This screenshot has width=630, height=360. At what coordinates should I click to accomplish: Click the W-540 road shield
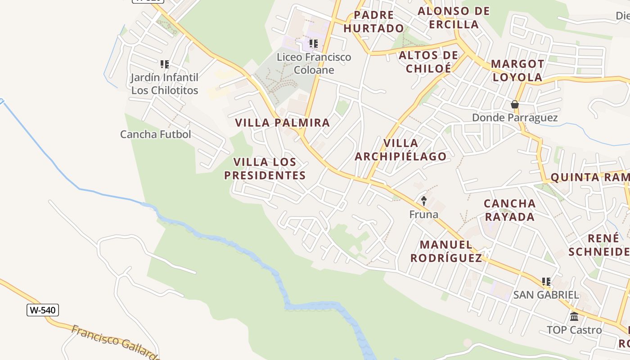tap(43, 310)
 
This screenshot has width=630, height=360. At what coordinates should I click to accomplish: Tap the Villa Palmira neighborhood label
tap(283, 122)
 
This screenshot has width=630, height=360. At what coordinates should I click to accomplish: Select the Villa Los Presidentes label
tap(265, 169)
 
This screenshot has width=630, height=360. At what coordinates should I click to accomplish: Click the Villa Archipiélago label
tap(400, 150)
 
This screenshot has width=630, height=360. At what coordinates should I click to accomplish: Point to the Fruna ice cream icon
tap(423, 201)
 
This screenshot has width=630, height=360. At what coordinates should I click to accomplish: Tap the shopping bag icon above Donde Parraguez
tap(515, 105)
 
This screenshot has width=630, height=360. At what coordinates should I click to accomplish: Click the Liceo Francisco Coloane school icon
tap(314, 44)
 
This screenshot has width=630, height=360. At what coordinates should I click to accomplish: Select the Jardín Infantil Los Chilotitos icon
tap(165, 65)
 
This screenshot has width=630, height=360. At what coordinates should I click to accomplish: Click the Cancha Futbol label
tap(156, 134)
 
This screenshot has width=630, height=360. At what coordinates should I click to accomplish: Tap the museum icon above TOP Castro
tap(574, 317)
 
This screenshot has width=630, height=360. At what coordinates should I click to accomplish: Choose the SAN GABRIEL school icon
tap(546, 282)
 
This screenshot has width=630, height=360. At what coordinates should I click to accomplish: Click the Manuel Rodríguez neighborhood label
tap(446, 252)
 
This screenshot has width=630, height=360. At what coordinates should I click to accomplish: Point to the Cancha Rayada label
tap(509, 210)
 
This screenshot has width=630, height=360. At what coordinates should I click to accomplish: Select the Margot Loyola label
tap(517, 70)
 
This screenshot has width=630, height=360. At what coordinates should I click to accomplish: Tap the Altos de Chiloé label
tap(428, 62)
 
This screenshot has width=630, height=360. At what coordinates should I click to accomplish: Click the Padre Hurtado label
tap(373, 22)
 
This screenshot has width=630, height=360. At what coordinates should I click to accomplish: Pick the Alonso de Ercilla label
tap(454, 18)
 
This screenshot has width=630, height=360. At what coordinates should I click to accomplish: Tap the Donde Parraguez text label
tap(515, 118)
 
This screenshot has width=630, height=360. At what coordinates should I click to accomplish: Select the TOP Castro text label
tap(574, 330)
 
